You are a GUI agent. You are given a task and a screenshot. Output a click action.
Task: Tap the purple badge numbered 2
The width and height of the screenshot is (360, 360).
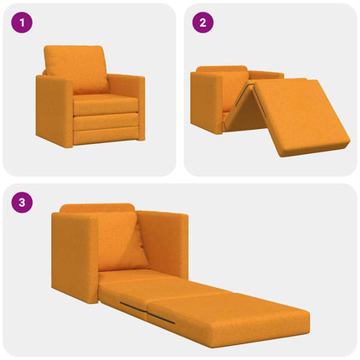(x=202, y=23)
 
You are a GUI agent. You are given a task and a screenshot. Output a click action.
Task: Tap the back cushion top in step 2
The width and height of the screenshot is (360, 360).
(x=223, y=69)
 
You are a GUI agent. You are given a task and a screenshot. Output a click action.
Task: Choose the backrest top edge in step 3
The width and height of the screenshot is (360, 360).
(x=97, y=208)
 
